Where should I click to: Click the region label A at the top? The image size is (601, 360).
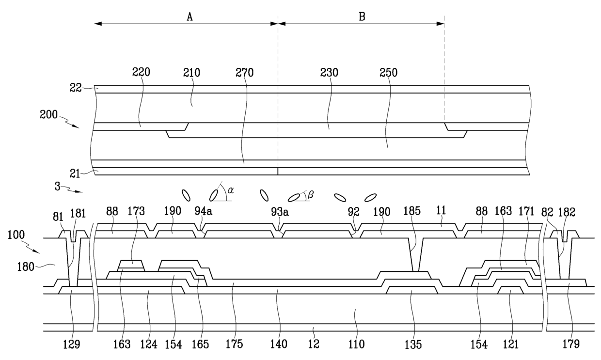pyautogui.click(x=190, y=16)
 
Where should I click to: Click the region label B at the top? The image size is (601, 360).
pyautogui.click(x=362, y=16)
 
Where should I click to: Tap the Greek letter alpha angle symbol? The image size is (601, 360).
pyautogui.click(x=231, y=190)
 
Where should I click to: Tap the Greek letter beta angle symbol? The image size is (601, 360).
pyautogui.click(x=310, y=194)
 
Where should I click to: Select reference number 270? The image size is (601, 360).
pyautogui.click(x=244, y=72)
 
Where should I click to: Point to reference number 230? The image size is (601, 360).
pyautogui.click(x=329, y=72)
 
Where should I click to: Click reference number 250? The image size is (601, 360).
pyautogui.click(x=388, y=72)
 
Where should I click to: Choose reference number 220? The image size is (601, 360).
pyautogui.click(x=141, y=72)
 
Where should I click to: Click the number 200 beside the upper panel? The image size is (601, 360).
pyautogui.click(x=49, y=114)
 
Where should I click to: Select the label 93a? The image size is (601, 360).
pyautogui.click(x=280, y=212)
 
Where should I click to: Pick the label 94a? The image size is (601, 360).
pyautogui.click(x=204, y=211)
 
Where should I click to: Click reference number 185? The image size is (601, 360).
pyautogui.click(x=412, y=211)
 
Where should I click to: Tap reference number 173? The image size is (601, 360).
pyautogui.click(x=136, y=211)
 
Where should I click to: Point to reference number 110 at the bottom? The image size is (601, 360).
pyautogui.click(x=356, y=344)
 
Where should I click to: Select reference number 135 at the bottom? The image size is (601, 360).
pyautogui.click(x=413, y=344)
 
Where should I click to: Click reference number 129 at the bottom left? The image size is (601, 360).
pyautogui.click(x=71, y=344)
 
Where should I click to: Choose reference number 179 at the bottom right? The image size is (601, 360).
pyautogui.click(x=570, y=344)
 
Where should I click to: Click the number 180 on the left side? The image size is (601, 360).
pyautogui.click(x=26, y=267)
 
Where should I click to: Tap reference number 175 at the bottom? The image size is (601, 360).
pyautogui.click(x=234, y=344)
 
